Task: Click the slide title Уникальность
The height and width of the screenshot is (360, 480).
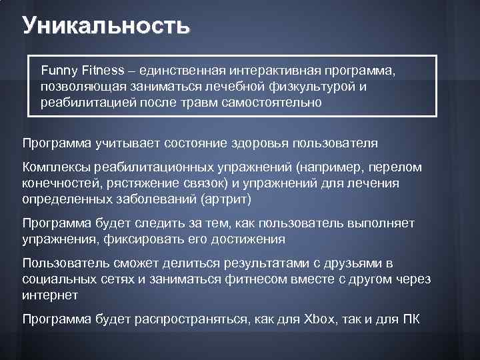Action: point(106,26)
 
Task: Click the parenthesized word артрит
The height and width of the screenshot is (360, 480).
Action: point(230,199)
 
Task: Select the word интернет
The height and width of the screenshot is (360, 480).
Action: point(50,295)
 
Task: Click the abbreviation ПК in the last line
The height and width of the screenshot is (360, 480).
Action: point(411,319)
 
